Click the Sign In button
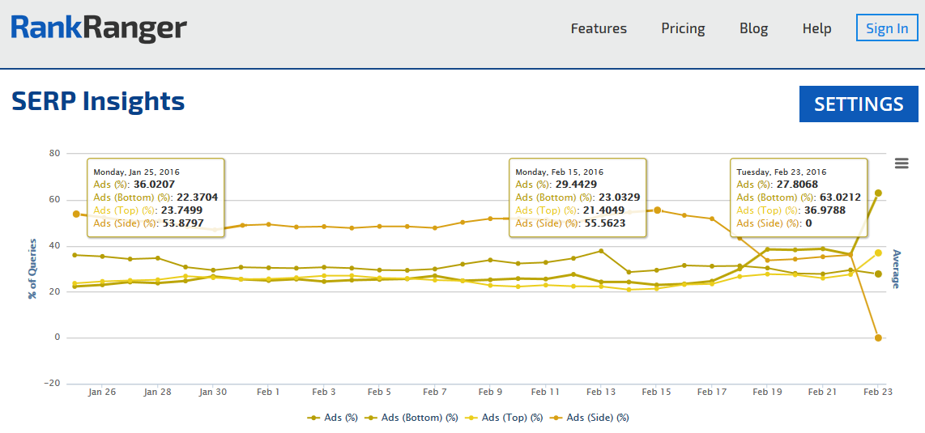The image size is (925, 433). click(x=887, y=28)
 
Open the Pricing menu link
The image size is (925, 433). click(x=683, y=28)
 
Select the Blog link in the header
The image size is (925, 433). click(x=753, y=28)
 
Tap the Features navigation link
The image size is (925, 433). click(x=599, y=28)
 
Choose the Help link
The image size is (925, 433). click(x=816, y=28)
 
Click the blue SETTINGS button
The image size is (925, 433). click(x=859, y=104)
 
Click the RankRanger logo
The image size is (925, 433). click(x=99, y=28)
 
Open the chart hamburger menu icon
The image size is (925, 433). click(x=902, y=163)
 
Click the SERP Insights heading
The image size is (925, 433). click(x=98, y=101)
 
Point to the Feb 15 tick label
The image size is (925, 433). click(x=656, y=392)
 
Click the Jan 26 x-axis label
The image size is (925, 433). click(x=102, y=392)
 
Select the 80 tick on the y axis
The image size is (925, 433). click(x=55, y=153)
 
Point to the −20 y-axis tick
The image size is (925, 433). click(x=53, y=384)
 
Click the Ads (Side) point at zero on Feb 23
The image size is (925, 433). click(x=878, y=337)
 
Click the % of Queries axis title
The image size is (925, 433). click(x=33, y=269)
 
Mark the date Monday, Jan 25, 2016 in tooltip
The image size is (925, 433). click(x=136, y=172)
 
